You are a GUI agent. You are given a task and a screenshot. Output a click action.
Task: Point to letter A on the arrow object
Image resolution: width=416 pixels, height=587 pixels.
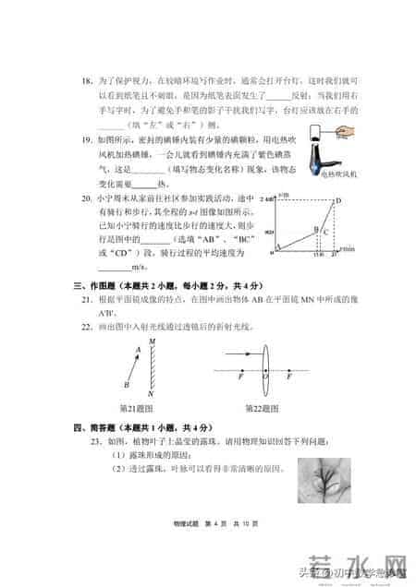point(138,350)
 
